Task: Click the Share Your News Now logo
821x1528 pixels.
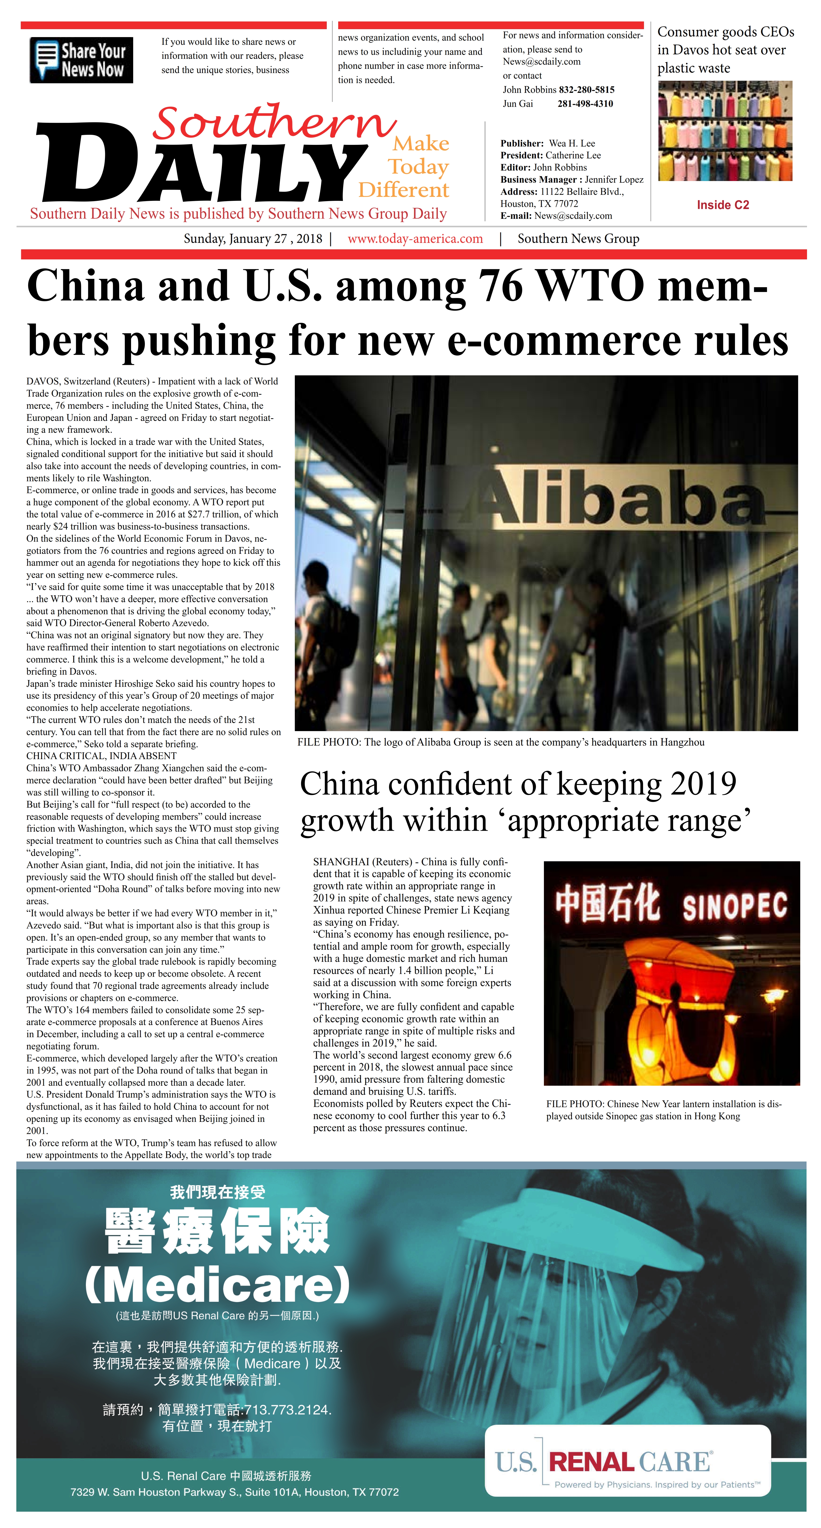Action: coord(81,60)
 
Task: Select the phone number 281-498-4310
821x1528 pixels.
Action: coord(585,104)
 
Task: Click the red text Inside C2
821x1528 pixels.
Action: coord(723,205)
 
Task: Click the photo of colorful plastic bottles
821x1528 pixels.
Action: coord(725,131)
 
